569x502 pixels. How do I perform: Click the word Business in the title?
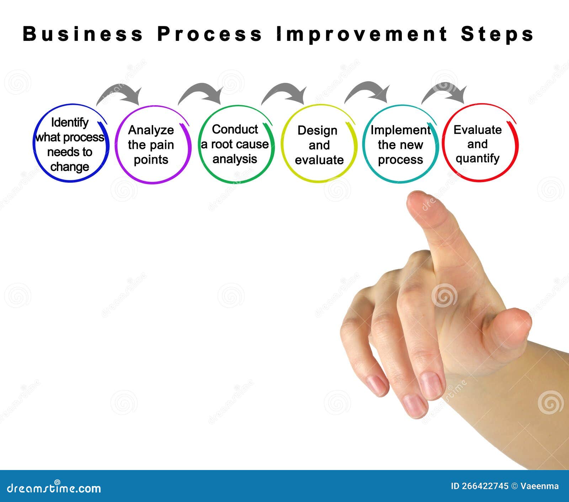coord(83,34)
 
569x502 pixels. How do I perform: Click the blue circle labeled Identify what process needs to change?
coord(70,144)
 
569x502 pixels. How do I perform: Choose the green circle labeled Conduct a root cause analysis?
coord(235,144)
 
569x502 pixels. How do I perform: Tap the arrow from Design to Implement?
coord(368,91)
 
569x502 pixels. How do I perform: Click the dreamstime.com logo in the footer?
coord(54,488)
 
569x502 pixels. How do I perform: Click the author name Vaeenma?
coord(539,486)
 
